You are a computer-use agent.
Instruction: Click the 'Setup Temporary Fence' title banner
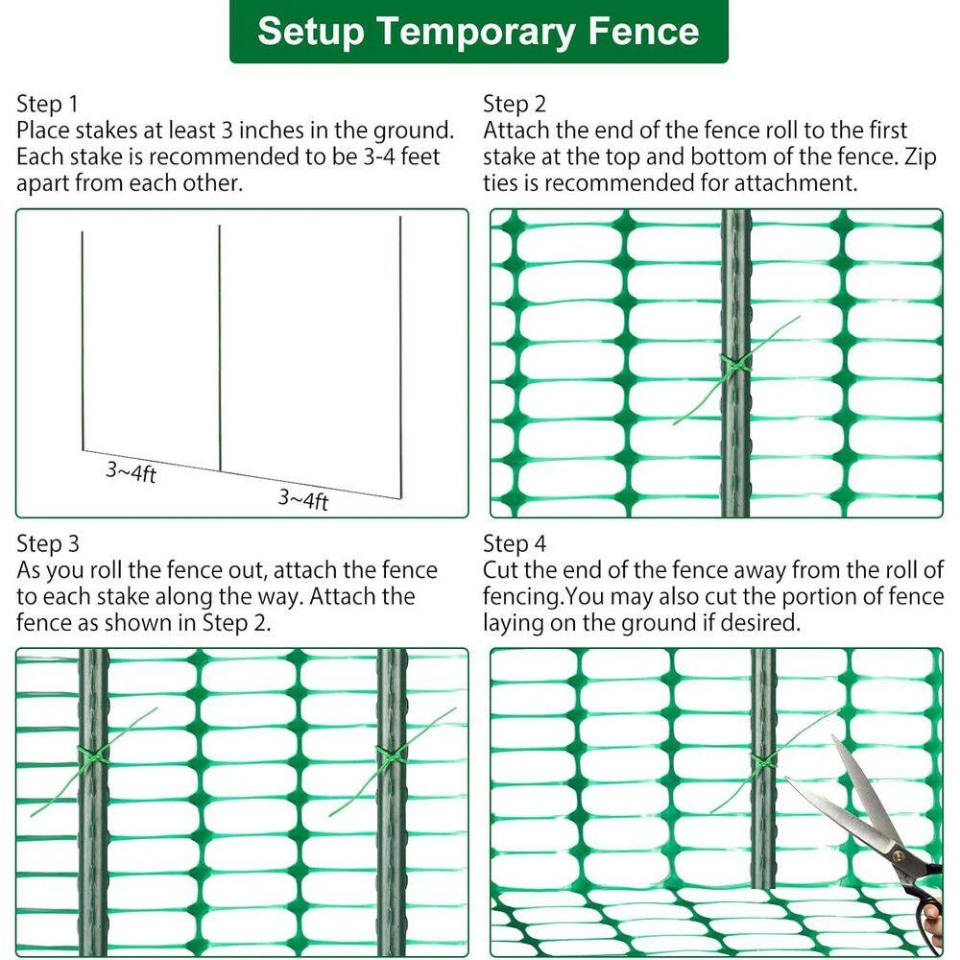point(479,31)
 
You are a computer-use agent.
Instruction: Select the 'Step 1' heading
point(47,104)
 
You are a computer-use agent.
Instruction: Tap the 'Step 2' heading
point(514,104)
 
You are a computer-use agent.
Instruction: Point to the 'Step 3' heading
point(48,543)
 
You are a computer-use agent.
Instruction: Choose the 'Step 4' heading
point(515,543)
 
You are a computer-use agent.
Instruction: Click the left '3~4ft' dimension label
point(131,471)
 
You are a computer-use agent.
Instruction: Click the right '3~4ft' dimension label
point(303,499)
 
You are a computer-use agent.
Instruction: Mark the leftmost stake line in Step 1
point(83,341)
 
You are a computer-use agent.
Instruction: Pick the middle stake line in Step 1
point(220,348)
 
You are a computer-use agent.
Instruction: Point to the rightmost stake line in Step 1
point(400,357)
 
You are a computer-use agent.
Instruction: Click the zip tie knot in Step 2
point(734,366)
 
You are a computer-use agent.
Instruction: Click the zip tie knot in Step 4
point(763,761)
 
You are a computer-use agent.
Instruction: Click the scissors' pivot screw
point(899,855)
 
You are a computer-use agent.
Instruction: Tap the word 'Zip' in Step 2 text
point(921,157)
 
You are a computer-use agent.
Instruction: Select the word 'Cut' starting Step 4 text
point(500,570)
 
